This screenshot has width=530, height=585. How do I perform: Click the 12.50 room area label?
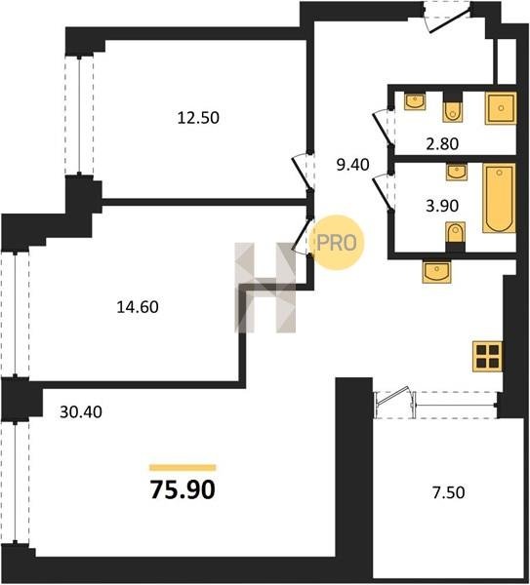[x=198, y=118]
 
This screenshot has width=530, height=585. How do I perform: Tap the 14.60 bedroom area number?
[x=138, y=307]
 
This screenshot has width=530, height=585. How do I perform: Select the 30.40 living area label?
[x=81, y=411]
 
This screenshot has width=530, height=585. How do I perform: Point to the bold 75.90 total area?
[x=183, y=489]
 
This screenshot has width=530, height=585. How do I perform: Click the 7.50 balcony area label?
[x=449, y=492]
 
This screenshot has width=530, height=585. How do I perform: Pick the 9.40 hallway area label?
[x=352, y=165]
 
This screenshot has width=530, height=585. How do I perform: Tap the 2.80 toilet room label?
[x=442, y=143]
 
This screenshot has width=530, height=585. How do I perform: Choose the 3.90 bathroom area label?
[x=442, y=206]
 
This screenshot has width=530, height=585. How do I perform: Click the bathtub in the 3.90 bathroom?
[x=499, y=198]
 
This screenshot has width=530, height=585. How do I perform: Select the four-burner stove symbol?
[x=487, y=357]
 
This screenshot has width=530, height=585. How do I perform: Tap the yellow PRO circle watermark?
[x=338, y=243]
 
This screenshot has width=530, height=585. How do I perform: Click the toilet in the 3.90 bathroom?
[x=456, y=237]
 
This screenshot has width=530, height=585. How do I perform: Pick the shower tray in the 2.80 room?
[x=501, y=108]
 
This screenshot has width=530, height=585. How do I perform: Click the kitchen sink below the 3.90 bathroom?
[x=436, y=272]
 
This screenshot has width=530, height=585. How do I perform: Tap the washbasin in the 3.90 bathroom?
[x=457, y=172]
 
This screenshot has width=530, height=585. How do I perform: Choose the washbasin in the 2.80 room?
[x=415, y=101]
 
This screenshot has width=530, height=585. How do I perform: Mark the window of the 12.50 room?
[x=79, y=116]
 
